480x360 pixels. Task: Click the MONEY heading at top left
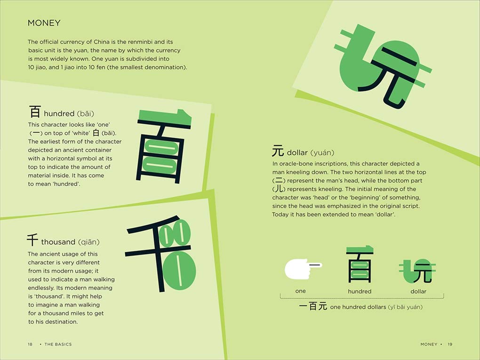pyautogui.click(x=44, y=23)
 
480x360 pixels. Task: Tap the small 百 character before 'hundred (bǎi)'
pyautogui.click(x=35, y=112)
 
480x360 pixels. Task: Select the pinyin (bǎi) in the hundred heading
pyautogui.click(x=85, y=113)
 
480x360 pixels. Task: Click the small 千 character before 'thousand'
pyautogui.click(x=32, y=240)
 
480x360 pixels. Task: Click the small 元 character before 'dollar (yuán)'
pyautogui.click(x=278, y=152)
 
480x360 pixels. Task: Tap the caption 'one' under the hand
pyautogui.click(x=300, y=291)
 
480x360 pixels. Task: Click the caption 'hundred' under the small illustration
pyautogui.click(x=360, y=291)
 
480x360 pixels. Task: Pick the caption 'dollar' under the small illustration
pyautogui.click(x=418, y=291)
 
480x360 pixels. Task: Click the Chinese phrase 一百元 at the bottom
pyautogui.click(x=313, y=307)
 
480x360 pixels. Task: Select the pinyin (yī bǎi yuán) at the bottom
pyautogui.click(x=405, y=307)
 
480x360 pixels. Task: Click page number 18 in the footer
pyautogui.click(x=30, y=344)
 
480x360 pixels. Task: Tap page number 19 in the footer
pyautogui.click(x=450, y=344)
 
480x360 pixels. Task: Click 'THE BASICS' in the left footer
pyautogui.click(x=58, y=344)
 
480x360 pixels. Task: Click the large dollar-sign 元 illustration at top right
pyautogui.click(x=381, y=66)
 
